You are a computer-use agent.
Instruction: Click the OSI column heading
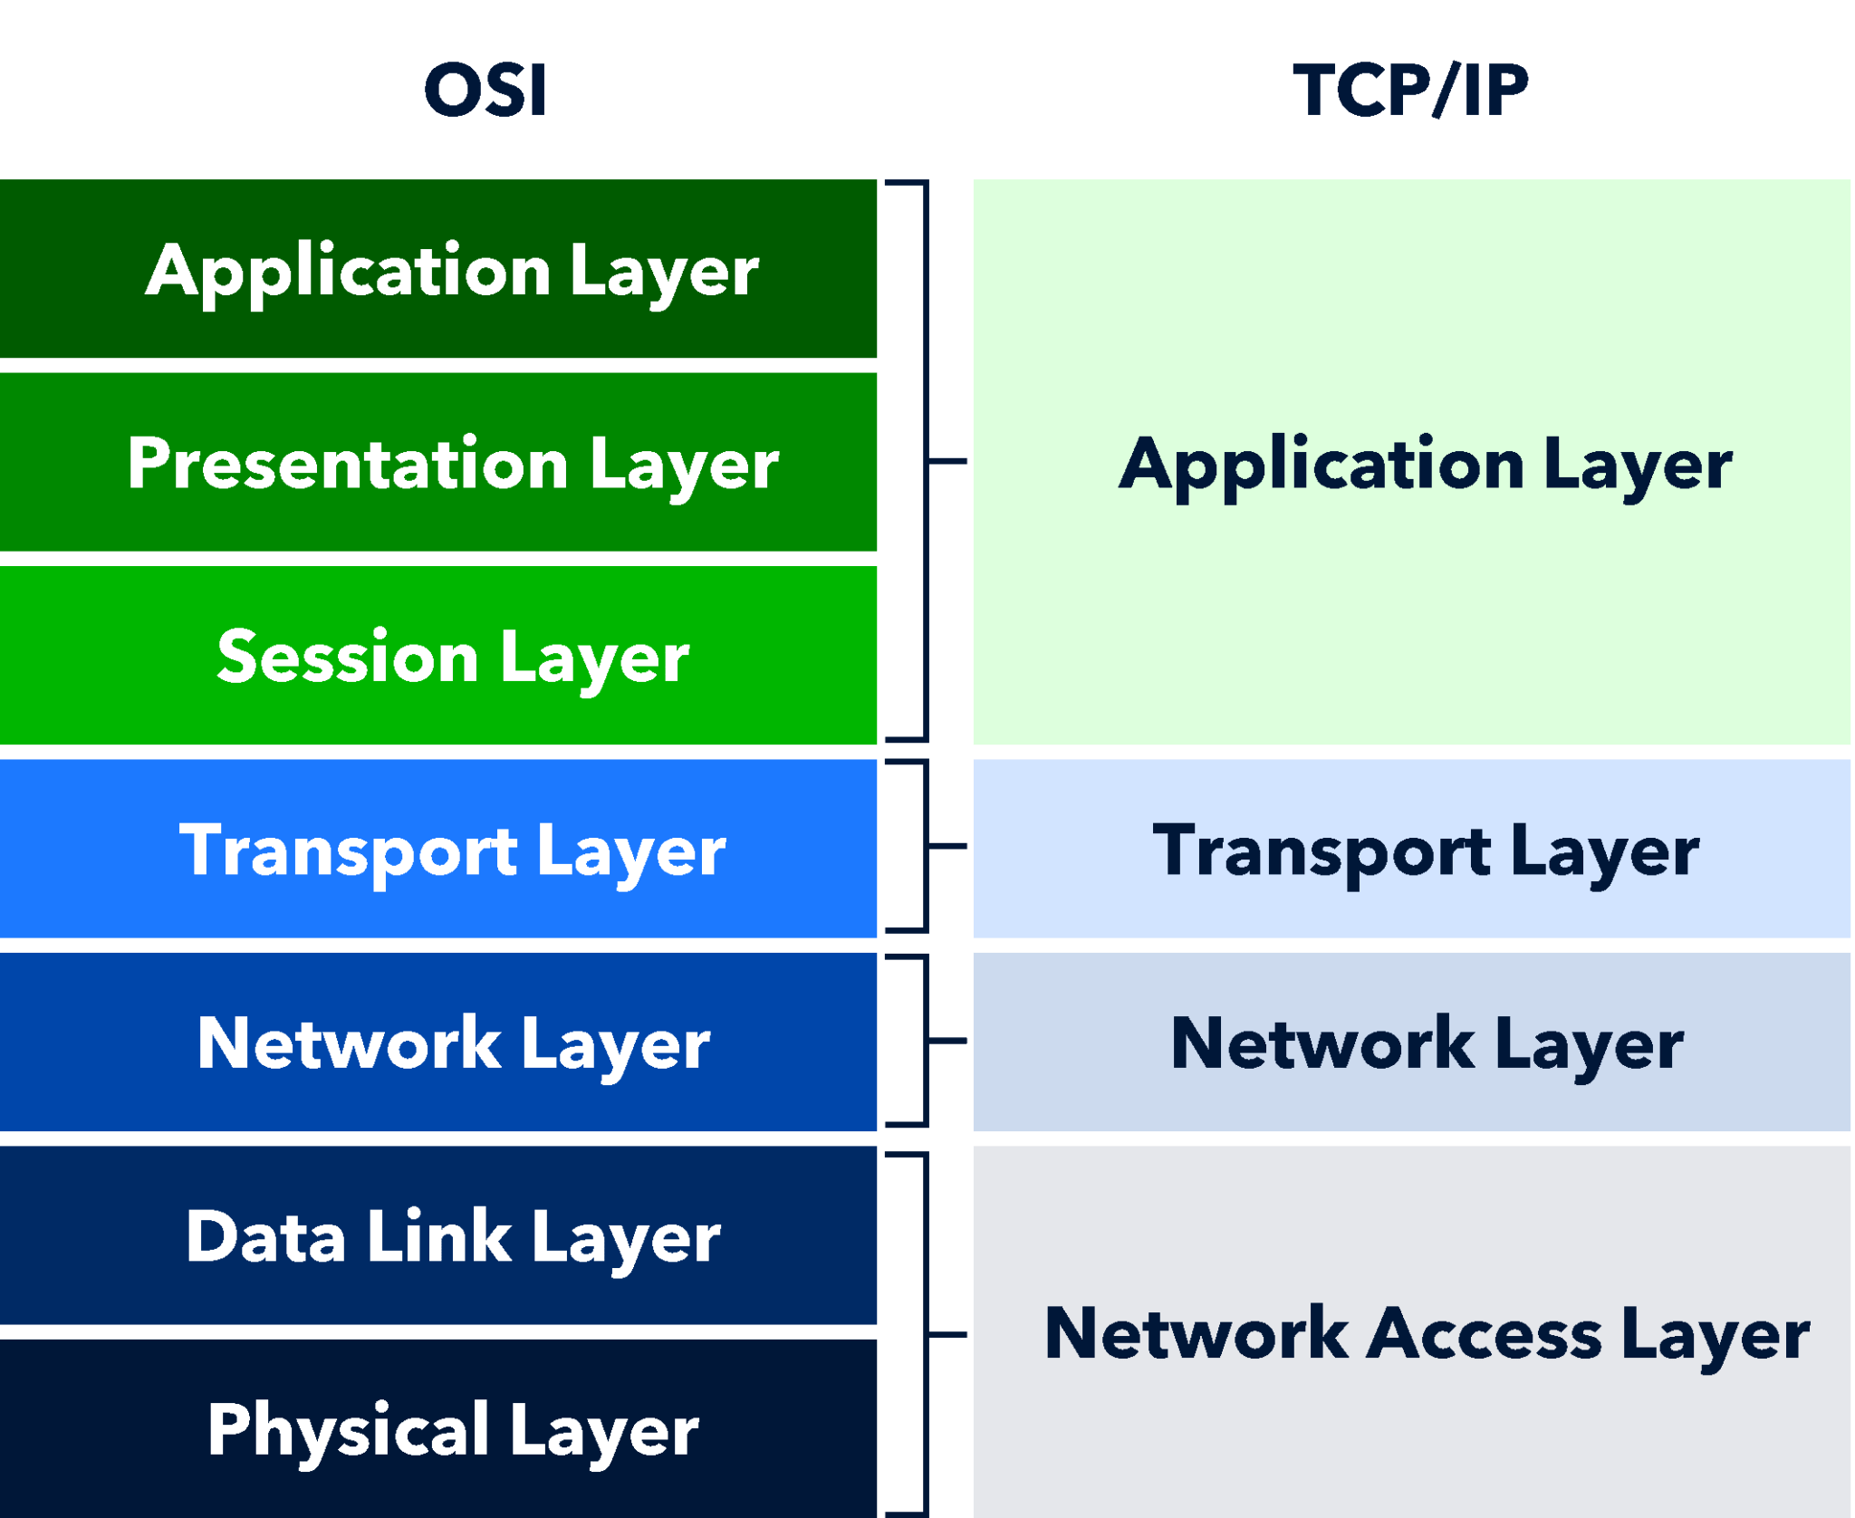[x=485, y=91]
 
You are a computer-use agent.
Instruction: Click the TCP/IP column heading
[x=1410, y=91]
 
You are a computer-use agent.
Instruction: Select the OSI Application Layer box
[x=438, y=269]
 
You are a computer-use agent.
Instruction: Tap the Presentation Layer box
[x=438, y=462]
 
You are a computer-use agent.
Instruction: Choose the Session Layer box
[x=438, y=655]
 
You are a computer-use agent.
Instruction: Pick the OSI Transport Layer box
[x=438, y=849]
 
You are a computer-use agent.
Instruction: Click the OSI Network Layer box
[x=438, y=1042]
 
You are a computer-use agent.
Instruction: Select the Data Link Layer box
[x=438, y=1235]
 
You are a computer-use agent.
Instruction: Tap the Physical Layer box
[x=438, y=1428]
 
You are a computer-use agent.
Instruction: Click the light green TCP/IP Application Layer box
[x=1411, y=462]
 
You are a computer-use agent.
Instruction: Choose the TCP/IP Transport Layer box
[x=1411, y=849]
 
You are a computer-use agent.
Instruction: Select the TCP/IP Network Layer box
[x=1411, y=1042]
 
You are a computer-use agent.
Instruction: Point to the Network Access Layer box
[x=1411, y=1331]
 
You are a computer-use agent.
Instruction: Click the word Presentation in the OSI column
[x=348, y=463]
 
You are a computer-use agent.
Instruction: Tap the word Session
[x=348, y=657]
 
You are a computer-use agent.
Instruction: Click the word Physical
[x=348, y=1429]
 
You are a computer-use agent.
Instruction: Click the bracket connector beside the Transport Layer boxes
[x=926, y=846]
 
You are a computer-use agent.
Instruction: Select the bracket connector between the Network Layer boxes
[x=926, y=1041]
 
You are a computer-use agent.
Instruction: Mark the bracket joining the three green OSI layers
[x=926, y=461]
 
